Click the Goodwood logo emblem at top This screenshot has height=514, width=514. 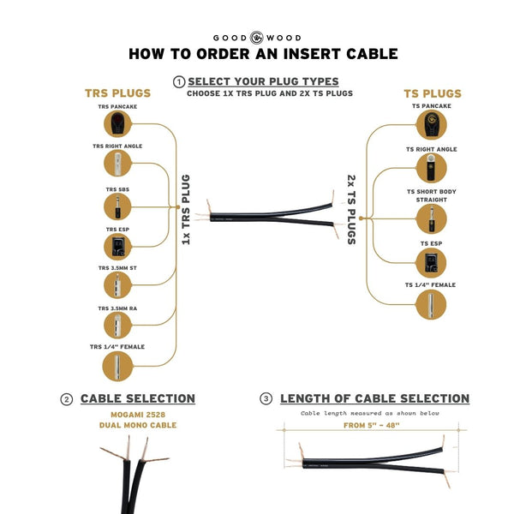[x=257, y=37]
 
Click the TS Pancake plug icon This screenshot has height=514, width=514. [x=431, y=125]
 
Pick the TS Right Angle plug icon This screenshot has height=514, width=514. [x=431, y=166]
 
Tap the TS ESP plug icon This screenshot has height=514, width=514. [x=431, y=261]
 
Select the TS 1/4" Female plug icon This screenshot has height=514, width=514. [x=431, y=304]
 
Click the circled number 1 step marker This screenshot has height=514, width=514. [x=179, y=81]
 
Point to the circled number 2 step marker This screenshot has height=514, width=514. [x=66, y=398]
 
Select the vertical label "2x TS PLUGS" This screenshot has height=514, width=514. [x=351, y=209]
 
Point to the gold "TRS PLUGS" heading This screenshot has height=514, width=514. [x=117, y=93]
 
